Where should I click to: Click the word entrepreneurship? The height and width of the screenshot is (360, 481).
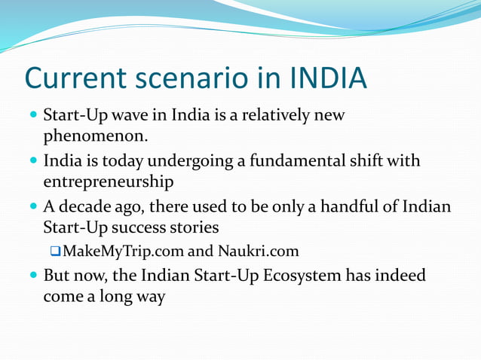[x=109, y=182]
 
